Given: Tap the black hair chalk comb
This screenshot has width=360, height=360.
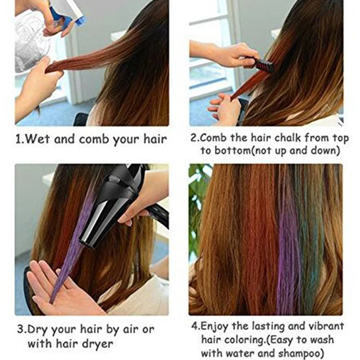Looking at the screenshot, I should point(263,65).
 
